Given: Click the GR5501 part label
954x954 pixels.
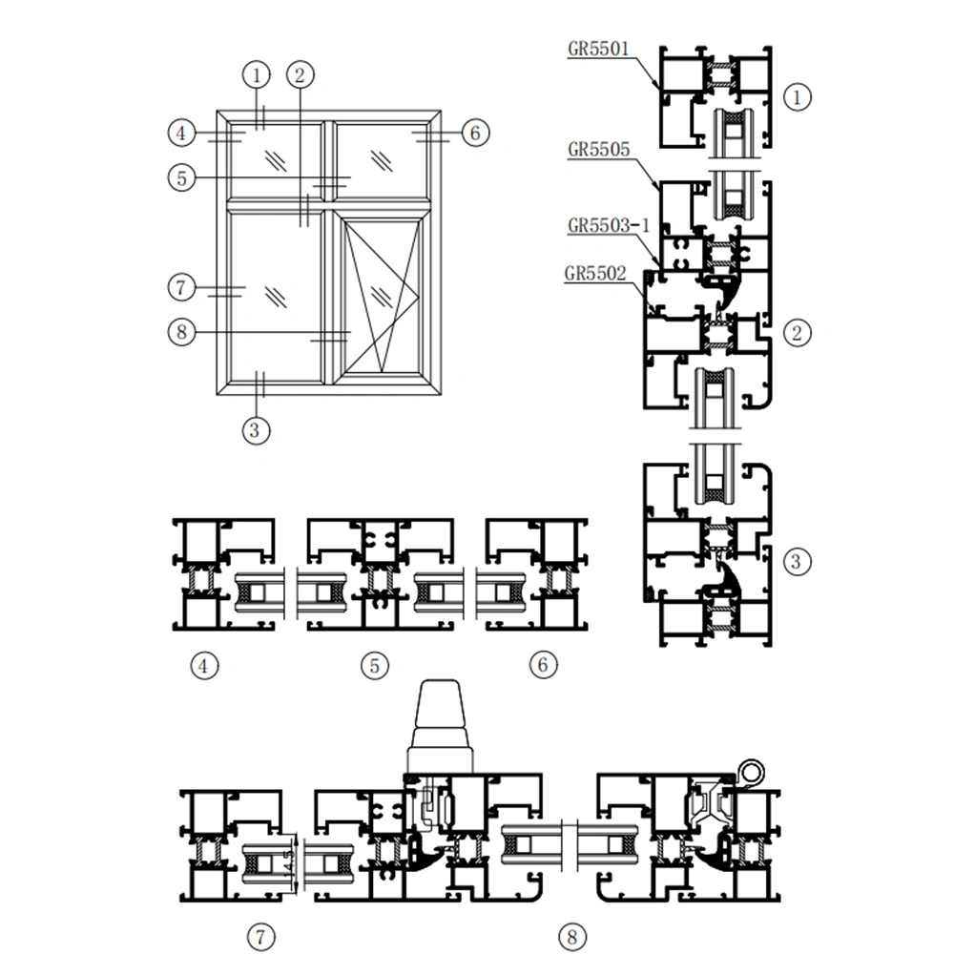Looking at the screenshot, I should click(598, 49).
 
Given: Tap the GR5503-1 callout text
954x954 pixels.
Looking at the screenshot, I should click(608, 225).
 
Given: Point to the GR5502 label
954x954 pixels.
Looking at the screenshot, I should click(595, 274).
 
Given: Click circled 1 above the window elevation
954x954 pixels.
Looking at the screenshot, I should click(257, 73).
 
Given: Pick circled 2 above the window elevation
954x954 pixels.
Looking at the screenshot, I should click(300, 73).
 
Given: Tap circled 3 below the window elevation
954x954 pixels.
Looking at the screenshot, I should click(253, 430).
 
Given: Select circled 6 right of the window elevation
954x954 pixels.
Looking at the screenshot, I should click(475, 133).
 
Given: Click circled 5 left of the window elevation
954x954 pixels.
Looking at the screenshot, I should click(180, 176).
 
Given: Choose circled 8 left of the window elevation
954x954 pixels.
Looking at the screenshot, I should click(180, 332).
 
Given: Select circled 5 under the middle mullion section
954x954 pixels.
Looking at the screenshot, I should click(375, 665).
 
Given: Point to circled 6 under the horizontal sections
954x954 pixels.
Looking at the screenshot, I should click(542, 665).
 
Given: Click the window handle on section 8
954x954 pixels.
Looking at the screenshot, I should click(440, 726).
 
